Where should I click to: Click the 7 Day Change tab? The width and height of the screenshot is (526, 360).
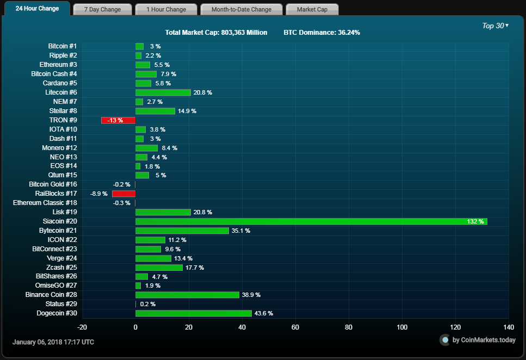point(102,9)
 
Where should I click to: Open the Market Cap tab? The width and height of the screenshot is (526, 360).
point(312,9)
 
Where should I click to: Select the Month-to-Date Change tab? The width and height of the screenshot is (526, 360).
point(242,9)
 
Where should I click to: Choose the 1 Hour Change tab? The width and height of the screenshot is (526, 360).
point(166,9)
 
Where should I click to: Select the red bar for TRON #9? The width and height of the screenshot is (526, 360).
point(118,120)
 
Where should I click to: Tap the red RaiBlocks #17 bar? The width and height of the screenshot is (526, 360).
point(123,194)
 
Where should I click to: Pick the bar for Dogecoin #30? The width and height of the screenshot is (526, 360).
point(194,313)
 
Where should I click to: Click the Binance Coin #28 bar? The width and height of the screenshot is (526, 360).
point(187,295)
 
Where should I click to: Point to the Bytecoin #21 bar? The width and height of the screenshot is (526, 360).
point(182,231)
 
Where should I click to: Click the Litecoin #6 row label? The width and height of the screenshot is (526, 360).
point(61,92)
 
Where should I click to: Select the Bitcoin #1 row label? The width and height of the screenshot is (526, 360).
point(63,46)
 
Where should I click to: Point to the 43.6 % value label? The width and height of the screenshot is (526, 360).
point(264,313)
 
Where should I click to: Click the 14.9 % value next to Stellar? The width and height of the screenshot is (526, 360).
point(187,111)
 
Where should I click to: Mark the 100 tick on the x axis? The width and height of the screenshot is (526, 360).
point(402,327)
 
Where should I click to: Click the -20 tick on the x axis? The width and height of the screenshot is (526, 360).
point(82,327)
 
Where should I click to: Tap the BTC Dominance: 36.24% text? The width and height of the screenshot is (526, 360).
point(321,33)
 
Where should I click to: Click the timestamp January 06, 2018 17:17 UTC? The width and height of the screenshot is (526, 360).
point(53,342)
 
